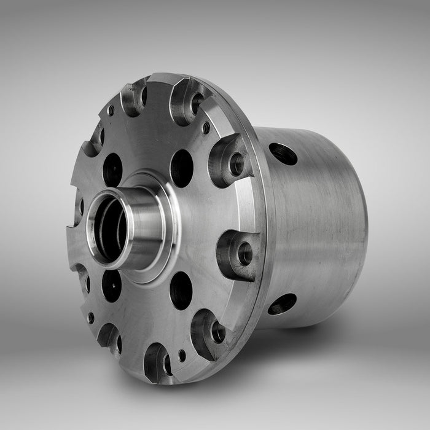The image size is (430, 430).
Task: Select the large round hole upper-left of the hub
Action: coord(112,169)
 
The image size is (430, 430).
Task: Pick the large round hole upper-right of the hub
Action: coord(182,168)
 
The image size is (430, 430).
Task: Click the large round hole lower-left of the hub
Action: coord(111,286)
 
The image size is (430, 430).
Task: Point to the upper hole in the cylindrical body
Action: coord(283,154)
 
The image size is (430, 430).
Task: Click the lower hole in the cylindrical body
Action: coord(282,303)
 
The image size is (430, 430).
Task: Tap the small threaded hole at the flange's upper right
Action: coord(206,128)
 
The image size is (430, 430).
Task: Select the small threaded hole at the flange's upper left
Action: coord(111,111)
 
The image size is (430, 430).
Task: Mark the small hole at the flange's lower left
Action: coord(91,318)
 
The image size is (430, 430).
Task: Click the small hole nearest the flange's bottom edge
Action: coord(182,355)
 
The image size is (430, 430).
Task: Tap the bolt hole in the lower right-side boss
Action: coord(244,253)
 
